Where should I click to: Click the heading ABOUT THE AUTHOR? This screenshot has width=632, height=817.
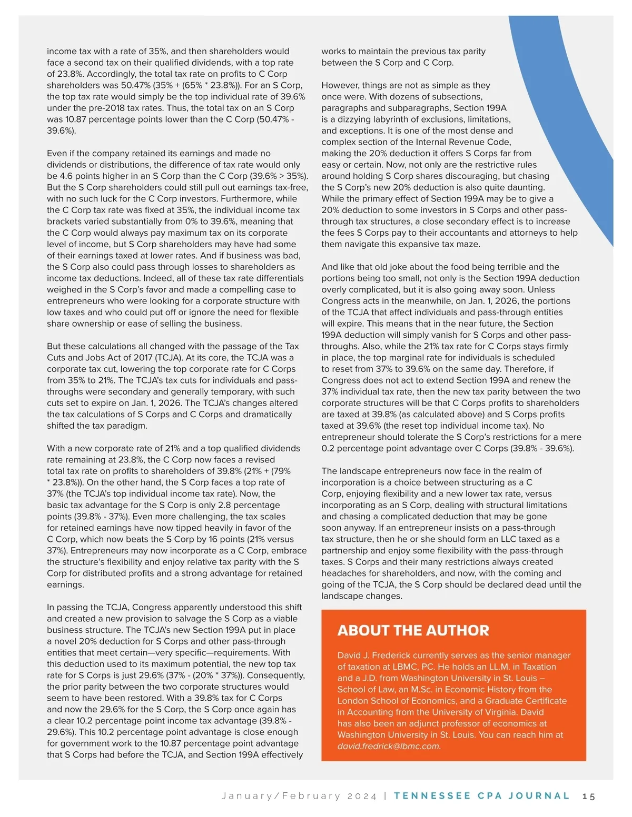413,630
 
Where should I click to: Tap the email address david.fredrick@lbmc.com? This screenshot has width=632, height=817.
389,746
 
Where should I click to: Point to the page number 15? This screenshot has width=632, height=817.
589,796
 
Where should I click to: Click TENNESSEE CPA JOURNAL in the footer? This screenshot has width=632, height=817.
481,796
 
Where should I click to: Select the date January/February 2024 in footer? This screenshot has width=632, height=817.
299,796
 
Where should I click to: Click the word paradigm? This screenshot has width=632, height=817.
129,426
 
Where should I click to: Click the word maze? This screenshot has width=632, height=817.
468,244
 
